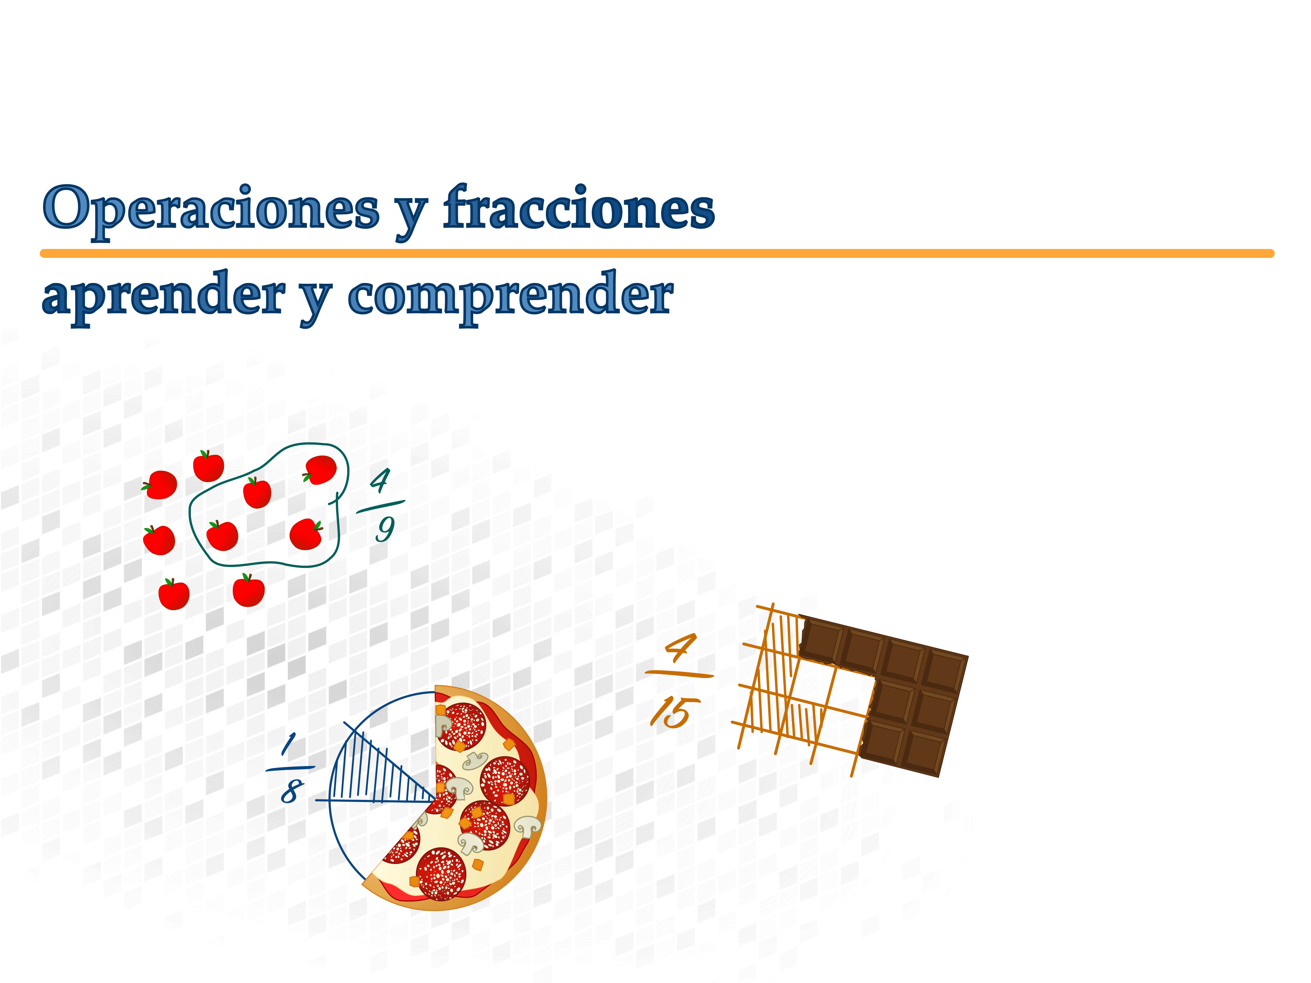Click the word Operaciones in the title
(x=211, y=210)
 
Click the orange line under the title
(x=657, y=253)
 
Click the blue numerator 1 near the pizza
(x=289, y=744)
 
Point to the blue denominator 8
(x=292, y=792)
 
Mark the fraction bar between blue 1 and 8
(x=290, y=768)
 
